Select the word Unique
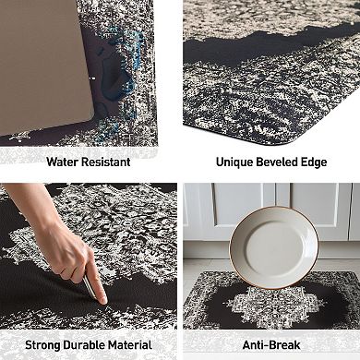tap(235, 161)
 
